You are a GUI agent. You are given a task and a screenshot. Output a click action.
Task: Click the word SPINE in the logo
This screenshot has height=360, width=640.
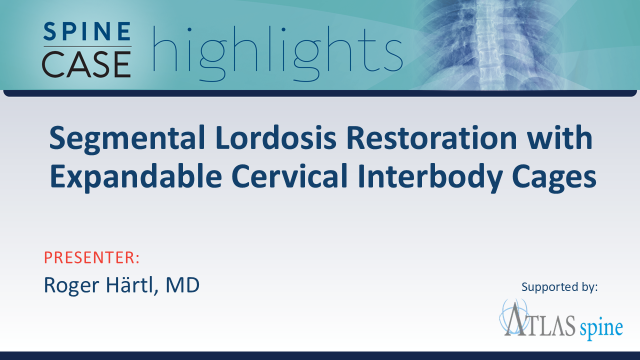tap(87, 31)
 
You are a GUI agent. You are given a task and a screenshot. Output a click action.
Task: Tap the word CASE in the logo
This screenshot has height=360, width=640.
tap(86, 64)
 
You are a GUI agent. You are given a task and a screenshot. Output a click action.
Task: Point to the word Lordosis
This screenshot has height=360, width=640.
tap(276, 137)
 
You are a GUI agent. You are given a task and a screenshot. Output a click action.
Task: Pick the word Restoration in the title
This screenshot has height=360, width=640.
tap(431, 137)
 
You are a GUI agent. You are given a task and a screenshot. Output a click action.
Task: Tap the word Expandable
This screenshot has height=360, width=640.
tap(136, 177)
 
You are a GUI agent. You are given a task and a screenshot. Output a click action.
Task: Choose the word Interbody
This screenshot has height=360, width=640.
tap(429, 177)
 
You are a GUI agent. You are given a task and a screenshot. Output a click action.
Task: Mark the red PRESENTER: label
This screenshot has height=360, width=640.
tap(91, 257)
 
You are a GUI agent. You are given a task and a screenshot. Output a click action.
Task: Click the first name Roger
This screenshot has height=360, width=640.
tap(71, 285)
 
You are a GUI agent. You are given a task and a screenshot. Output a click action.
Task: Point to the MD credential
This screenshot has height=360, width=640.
tap(182, 285)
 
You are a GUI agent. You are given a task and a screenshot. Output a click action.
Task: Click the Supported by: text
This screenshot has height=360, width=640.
tap(559, 287)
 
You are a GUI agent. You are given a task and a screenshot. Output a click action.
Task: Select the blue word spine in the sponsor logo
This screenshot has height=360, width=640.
tap(601, 327)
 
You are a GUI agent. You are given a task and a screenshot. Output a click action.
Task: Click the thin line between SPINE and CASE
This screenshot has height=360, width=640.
tap(87, 46)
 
